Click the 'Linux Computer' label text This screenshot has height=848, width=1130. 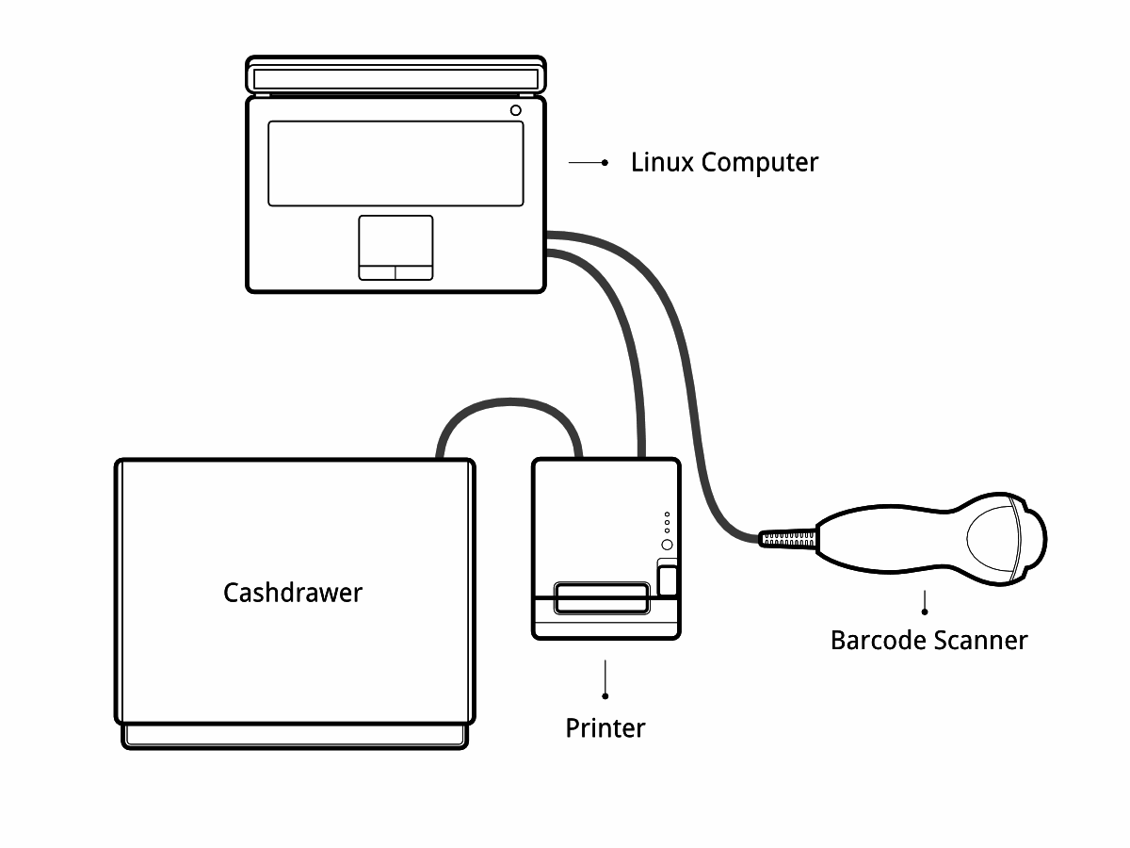[x=724, y=162]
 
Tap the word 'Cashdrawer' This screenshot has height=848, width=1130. [x=293, y=593]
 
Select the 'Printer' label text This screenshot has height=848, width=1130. [x=605, y=728]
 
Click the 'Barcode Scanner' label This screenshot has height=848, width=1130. [x=928, y=641]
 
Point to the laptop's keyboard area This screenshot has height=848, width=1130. [x=395, y=163]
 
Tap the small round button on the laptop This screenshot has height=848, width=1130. [x=515, y=110]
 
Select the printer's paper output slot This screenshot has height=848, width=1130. [x=601, y=596]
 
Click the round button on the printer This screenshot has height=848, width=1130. [x=667, y=546]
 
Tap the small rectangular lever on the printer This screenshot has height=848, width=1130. [x=667, y=578]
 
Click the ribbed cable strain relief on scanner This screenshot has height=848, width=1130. [x=789, y=539]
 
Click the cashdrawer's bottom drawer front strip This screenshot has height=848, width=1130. [x=295, y=736]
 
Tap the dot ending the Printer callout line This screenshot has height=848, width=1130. [x=605, y=696]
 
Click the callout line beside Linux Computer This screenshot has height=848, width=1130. [x=586, y=163]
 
